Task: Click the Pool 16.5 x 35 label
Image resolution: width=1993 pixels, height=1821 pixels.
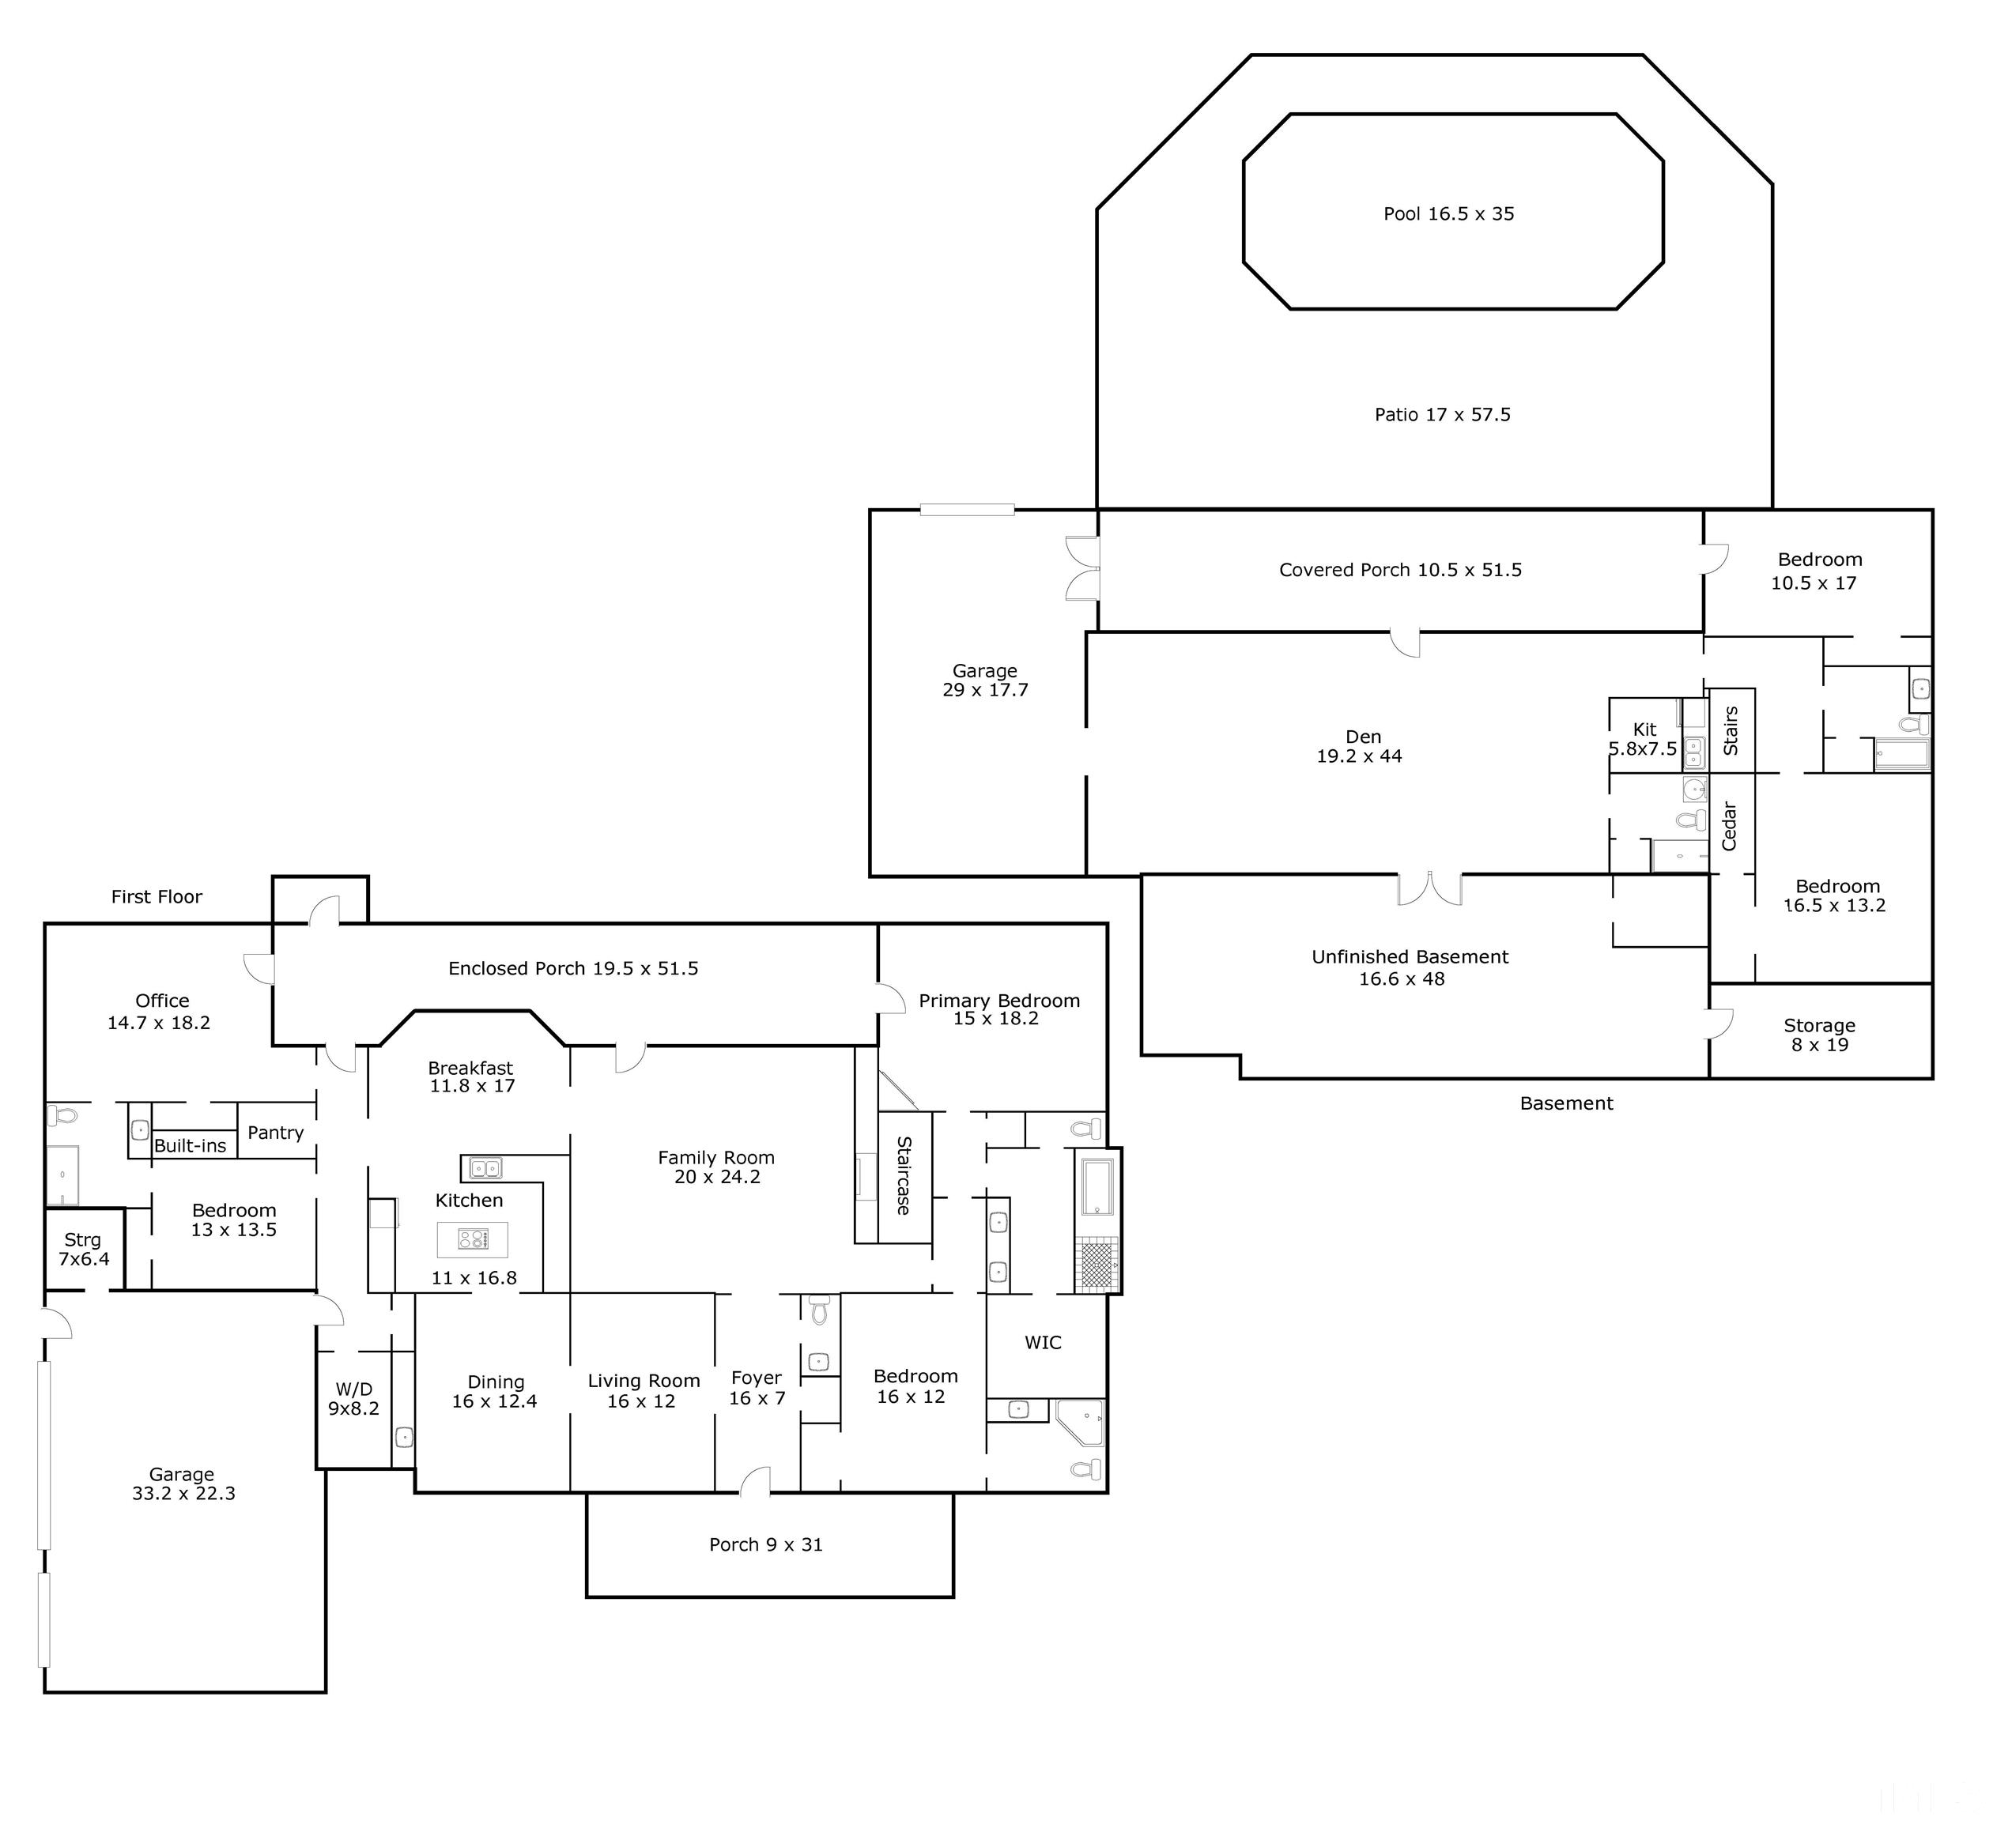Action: coord(1448,213)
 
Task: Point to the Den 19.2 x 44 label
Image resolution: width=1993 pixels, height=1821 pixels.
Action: coord(1361,746)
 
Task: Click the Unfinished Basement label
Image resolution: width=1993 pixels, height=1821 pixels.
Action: coord(1409,967)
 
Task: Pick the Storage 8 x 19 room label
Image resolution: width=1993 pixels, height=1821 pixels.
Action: coord(1819,1035)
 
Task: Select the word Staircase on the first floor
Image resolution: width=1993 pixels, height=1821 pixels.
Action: coord(904,1174)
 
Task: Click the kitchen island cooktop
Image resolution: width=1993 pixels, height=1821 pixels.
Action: coord(473,1239)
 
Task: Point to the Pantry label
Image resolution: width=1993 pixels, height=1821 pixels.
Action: coord(275,1132)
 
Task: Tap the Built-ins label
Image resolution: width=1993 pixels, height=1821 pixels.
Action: coord(190,1146)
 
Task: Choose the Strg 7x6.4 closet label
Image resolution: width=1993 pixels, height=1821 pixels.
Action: coord(83,1249)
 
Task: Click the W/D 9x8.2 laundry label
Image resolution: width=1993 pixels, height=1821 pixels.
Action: coord(354,1399)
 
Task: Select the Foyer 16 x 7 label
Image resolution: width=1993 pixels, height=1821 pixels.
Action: coord(757,1388)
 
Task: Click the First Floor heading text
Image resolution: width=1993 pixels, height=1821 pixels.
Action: coord(157,896)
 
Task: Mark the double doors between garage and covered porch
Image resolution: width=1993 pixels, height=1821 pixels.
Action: coord(1082,568)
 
